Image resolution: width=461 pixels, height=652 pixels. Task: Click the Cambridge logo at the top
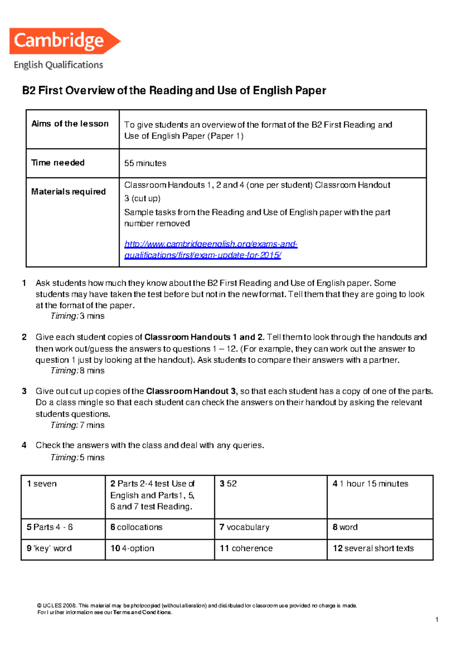[65, 41]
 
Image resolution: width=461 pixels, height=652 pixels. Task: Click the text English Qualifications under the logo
[58, 65]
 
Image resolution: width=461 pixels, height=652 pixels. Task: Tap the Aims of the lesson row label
[70, 124]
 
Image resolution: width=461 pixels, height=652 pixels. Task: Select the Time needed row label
[58, 163]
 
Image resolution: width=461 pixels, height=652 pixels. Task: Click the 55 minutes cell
[145, 163]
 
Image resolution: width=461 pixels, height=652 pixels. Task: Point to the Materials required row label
[68, 192]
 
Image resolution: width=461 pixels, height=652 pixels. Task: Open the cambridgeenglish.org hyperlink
[211, 250]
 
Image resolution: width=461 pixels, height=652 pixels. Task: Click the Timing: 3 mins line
[78, 316]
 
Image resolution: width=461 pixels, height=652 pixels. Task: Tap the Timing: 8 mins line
[78, 371]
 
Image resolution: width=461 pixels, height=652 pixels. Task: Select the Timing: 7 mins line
[78, 425]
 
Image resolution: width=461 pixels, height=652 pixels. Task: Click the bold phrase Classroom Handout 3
[191, 391]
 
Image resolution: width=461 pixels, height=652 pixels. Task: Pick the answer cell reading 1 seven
[42, 484]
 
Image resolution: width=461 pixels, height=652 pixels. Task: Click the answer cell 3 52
[228, 484]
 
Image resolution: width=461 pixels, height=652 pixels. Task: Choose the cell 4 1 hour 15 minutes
[370, 484]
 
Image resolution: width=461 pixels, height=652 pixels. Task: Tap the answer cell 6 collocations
[136, 527]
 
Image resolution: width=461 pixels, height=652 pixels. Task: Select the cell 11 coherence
[246, 548]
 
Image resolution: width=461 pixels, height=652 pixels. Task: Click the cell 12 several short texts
[373, 548]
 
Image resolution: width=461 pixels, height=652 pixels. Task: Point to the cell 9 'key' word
[49, 548]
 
